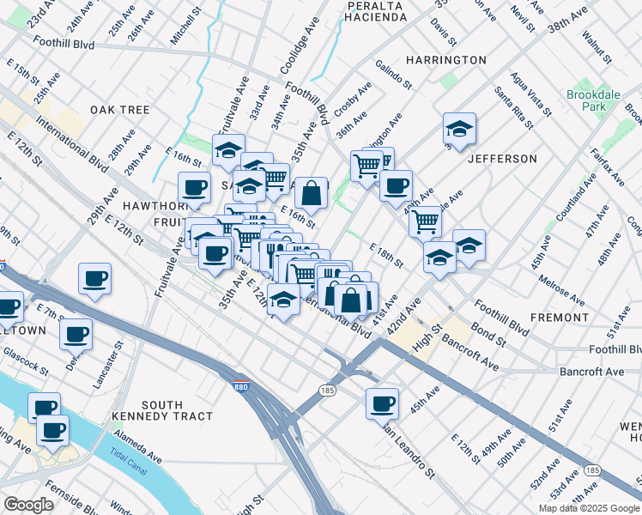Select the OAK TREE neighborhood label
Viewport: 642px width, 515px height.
(120, 110)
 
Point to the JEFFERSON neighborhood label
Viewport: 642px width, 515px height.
(502, 159)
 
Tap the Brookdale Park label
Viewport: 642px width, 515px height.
(586, 100)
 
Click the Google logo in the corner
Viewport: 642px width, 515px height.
(28, 505)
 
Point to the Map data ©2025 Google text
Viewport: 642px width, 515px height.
(589, 508)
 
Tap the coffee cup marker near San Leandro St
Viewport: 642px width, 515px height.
(382, 402)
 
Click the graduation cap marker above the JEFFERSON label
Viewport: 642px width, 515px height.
(459, 129)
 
